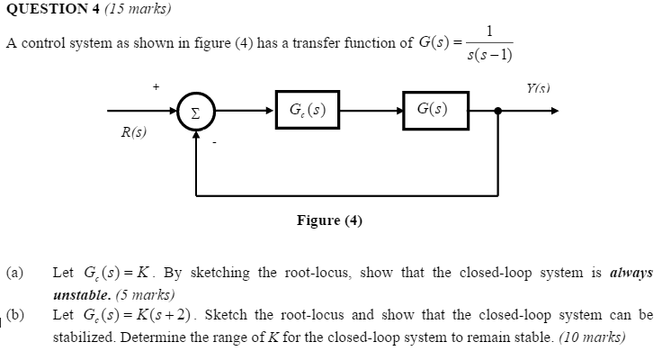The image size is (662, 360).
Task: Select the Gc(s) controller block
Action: coord(308,110)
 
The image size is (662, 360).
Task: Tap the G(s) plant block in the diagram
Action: coord(435,110)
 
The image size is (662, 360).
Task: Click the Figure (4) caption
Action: coord(329,220)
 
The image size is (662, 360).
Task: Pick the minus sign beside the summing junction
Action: coord(214,141)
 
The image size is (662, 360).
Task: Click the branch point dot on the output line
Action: coord(498,112)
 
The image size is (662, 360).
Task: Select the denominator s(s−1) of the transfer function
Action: coord(490,55)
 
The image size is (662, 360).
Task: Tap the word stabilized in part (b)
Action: coord(82,337)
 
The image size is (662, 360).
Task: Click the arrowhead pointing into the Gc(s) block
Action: coord(271,112)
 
